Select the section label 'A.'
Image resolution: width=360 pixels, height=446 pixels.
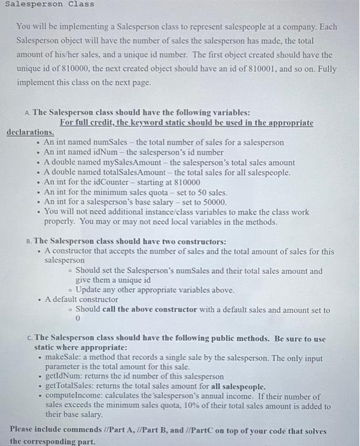[x=26, y=112]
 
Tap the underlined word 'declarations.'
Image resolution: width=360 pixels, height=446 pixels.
[x=30, y=132]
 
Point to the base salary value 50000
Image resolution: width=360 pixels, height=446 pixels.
[x=214, y=202]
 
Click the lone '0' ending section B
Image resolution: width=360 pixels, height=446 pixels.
[x=78, y=320]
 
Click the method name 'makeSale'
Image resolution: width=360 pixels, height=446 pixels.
[x=63, y=357]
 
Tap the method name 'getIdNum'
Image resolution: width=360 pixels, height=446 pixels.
[x=62, y=377]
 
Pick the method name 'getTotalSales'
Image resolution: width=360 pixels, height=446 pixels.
[x=71, y=386]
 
